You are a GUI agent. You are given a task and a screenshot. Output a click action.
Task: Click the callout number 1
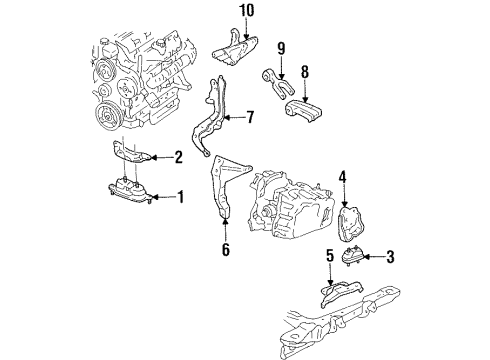pos(180,198)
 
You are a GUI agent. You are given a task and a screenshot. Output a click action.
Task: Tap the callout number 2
pos(180,156)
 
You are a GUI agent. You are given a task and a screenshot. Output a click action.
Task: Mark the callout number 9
pos(281,46)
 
